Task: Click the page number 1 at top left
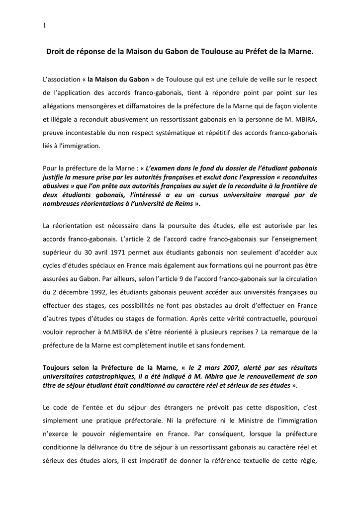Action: point(44,26)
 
